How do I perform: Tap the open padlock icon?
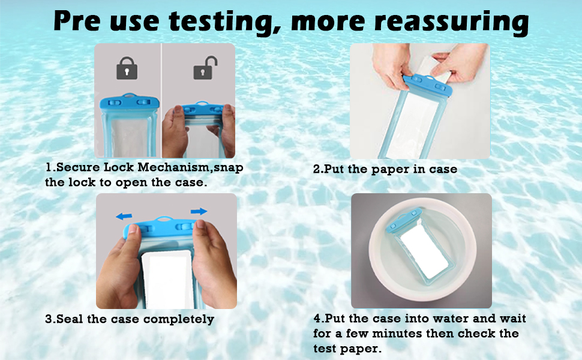tap(202, 68)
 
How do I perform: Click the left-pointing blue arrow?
tap(125, 215)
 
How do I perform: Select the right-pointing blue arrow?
tap(199, 211)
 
